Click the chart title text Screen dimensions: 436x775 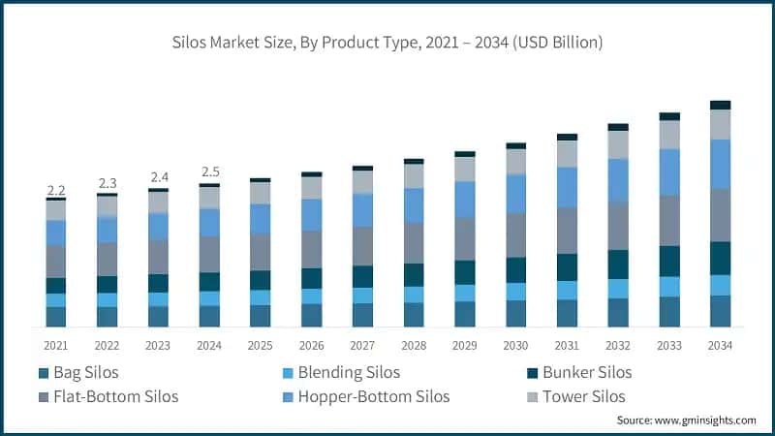click(387, 42)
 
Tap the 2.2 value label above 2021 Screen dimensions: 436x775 click(56, 189)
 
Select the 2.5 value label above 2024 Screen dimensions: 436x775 click(209, 172)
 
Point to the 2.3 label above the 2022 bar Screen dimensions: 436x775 click(108, 183)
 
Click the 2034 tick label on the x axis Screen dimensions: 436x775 click(720, 345)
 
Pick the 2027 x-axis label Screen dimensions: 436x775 click(362, 345)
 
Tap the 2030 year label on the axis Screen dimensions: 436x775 click(515, 345)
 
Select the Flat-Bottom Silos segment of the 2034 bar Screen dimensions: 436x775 click(720, 214)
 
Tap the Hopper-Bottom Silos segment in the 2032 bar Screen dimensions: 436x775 click(618, 180)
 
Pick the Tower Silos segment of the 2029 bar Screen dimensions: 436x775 click(465, 169)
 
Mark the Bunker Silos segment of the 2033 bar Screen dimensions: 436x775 click(669, 261)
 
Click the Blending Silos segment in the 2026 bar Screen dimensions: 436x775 click(311, 296)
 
